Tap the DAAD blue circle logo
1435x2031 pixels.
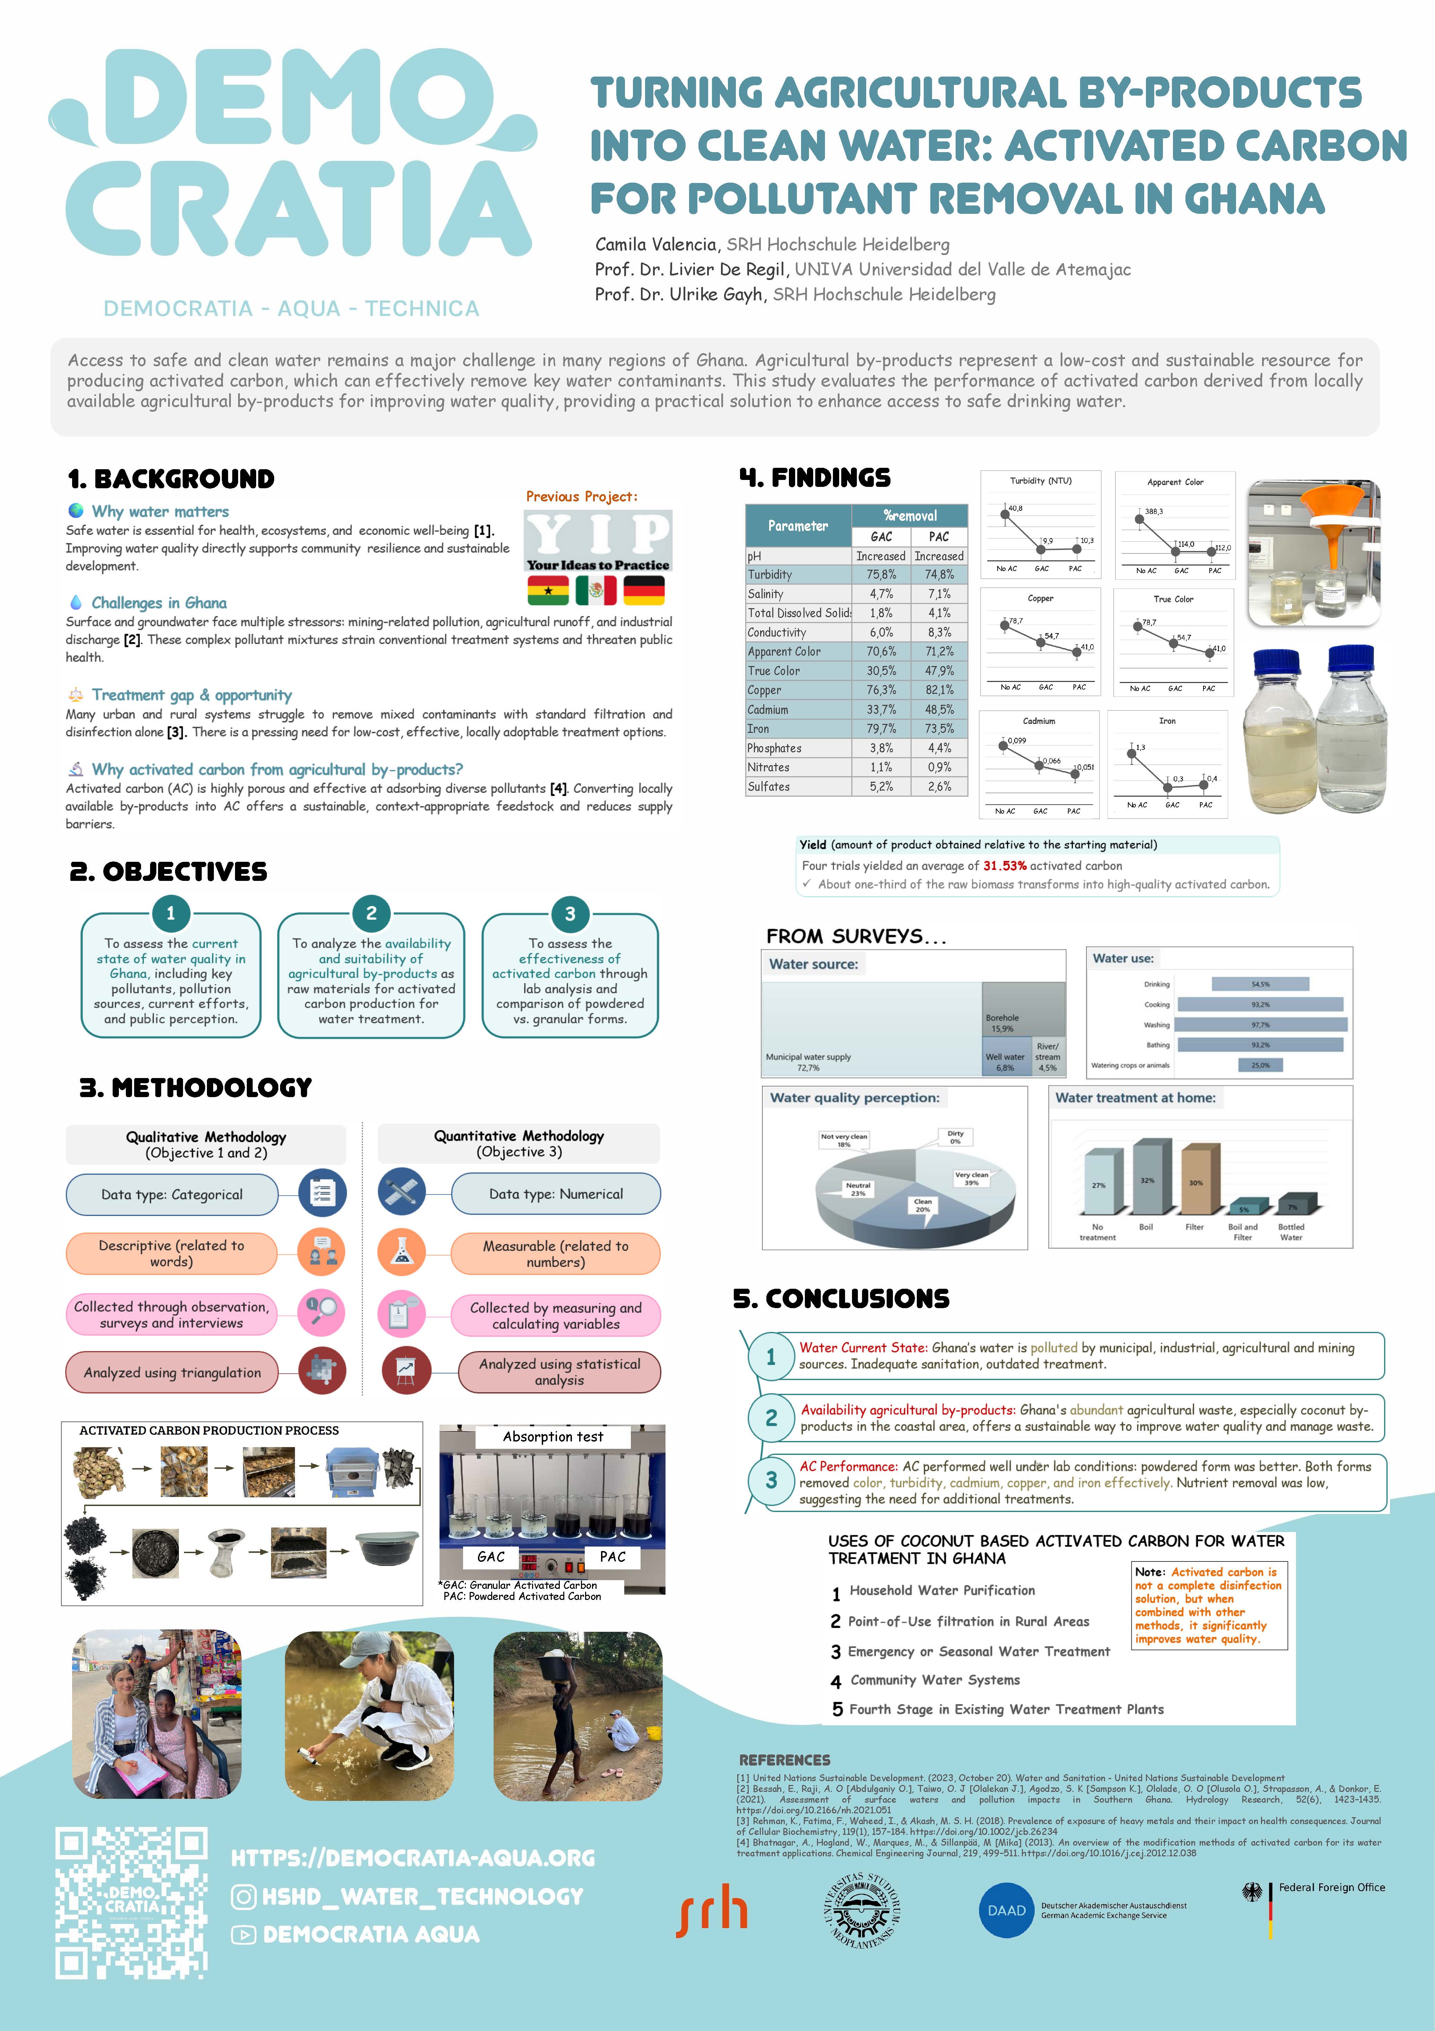point(1006,1911)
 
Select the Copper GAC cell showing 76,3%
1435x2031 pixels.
point(880,690)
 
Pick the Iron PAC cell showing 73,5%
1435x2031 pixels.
point(939,729)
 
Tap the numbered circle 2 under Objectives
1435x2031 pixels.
point(371,913)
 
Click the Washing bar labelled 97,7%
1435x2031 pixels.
point(1262,1024)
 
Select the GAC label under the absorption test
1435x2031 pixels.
point(491,1557)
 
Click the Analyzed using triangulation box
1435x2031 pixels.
point(173,1372)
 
